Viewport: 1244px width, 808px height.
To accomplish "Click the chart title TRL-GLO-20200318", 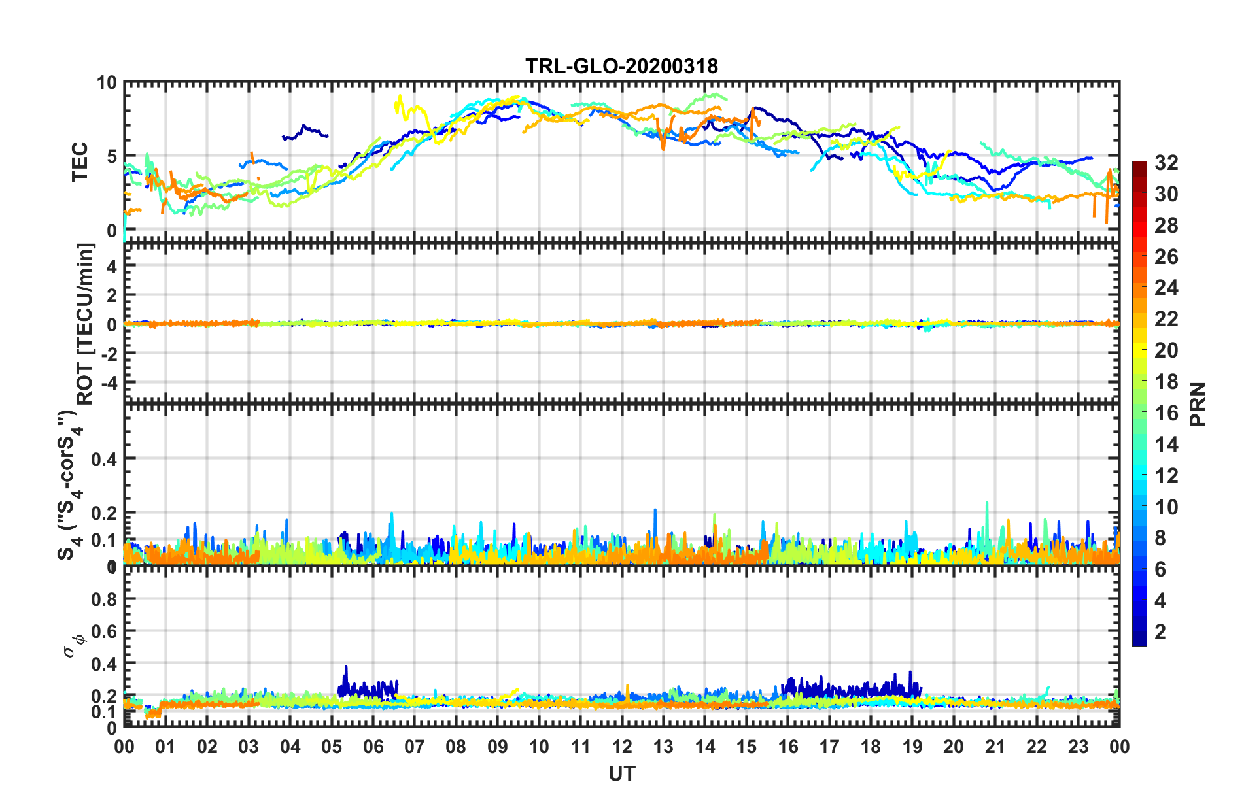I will pyautogui.click(x=621, y=66).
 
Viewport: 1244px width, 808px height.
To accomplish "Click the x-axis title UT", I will pyautogui.click(x=621, y=774).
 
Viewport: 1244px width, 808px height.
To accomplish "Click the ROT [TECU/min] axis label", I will pyautogui.click(x=85, y=324).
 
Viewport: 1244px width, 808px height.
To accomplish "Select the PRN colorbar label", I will pyautogui.click(x=1198, y=404).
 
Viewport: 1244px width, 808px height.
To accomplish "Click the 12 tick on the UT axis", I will pyautogui.click(x=621, y=747).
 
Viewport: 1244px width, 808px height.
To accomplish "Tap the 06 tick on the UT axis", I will pyautogui.click(x=373, y=747).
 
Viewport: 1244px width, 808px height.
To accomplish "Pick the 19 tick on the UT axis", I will pyautogui.click(x=912, y=747).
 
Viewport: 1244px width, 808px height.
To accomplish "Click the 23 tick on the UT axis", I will pyautogui.click(x=1078, y=747).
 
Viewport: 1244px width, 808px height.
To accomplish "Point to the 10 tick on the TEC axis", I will pyautogui.click(x=107, y=83).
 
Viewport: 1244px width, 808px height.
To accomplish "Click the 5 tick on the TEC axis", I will pyautogui.click(x=112, y=156).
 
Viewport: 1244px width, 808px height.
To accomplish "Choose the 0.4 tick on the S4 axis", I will pyautogui.click(x=104, y=459).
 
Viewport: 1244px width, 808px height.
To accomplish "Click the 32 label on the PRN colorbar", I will pyautogui.click(x=1166, y=163).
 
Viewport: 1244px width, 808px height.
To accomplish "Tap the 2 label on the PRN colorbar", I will pyautogui.click(x=1160, y=631).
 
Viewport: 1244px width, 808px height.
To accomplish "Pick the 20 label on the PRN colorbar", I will pyautogui.click(x=1166, y=350).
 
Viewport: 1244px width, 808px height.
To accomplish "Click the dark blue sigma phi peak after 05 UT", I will pyautogui.click(x=346, y=667).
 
